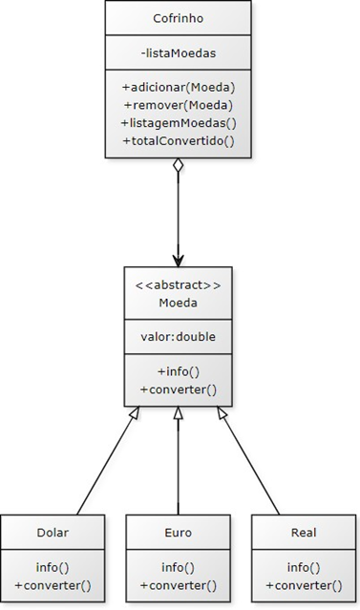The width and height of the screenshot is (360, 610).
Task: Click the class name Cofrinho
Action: (178, 19)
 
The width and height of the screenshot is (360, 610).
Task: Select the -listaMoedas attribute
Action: (178, 51)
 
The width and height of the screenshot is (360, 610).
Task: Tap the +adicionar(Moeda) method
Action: (178, 86)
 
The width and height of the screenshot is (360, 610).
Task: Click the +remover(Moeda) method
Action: (178, 104)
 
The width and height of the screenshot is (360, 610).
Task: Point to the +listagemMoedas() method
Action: (178, 122)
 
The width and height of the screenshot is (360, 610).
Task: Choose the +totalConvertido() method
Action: (178, 140)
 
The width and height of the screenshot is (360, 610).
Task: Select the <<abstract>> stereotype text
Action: (178, 284)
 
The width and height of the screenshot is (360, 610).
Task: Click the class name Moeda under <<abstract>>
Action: (178, 303)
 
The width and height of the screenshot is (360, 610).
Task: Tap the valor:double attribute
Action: (178, 335)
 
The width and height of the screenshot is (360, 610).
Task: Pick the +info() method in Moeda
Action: (178, 370)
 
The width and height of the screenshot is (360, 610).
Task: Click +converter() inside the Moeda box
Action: (178, 389)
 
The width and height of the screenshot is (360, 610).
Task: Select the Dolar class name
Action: (53, 532)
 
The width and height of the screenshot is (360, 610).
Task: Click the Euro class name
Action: (178, 532)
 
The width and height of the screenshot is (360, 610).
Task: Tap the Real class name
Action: (303, 532)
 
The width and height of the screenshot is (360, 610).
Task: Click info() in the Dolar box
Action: (53, 566)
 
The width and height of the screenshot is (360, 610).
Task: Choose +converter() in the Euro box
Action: (178, 584)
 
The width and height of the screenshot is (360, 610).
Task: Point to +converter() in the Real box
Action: (303, 584)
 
